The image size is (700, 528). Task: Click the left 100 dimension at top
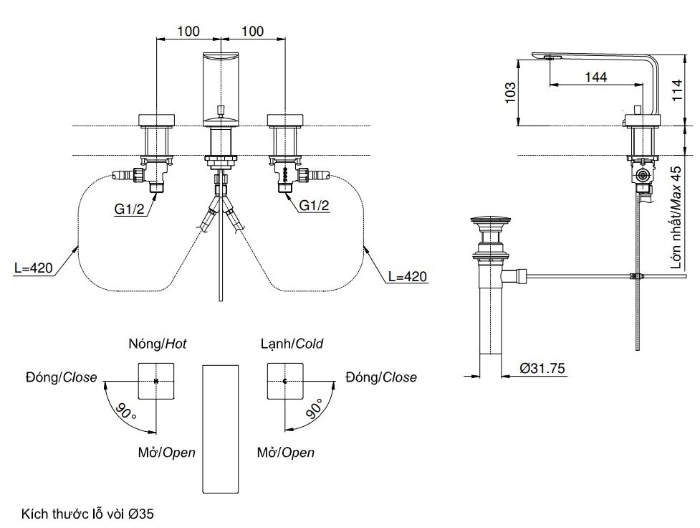pyautogui.click(x=188, y=31)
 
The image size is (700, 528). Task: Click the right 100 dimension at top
pyautogui.click(x=253, y=31)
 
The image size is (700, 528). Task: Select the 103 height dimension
pyautogui.click(x=510, y=92)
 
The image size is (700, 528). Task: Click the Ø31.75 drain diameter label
pyautogui.click(x=542, y=369)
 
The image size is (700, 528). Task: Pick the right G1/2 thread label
pyautogui.click(x=315, y=206)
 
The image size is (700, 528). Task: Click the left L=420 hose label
pyautogui.click(x=34, y=269)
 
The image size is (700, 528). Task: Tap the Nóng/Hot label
pyautogui.click(x=157, y=344)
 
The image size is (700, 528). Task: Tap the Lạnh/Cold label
pyautogui.click(x=292, y=344)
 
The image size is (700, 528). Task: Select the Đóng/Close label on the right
pyautogui.click(x=380, y=377)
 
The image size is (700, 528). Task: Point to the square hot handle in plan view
pyautogui.click(x=156, y=381)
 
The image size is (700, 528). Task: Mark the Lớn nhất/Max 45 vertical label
pyautogui.click(x=676, y=217)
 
